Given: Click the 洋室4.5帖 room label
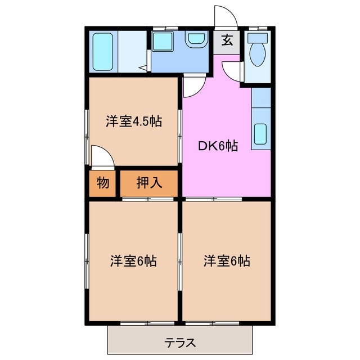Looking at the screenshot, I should (134, 121).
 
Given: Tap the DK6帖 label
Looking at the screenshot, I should (217, 146).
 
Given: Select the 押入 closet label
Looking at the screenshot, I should (149, 183).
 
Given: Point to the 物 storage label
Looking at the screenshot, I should (102, 183).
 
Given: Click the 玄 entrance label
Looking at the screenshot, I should (227, 40).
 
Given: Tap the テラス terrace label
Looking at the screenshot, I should (180, 341).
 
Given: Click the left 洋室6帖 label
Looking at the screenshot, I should (133, 261).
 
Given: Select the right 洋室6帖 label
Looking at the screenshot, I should (227, 261).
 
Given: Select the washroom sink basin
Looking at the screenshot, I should (196, 39).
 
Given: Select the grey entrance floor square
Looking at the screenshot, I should (227, 42).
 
